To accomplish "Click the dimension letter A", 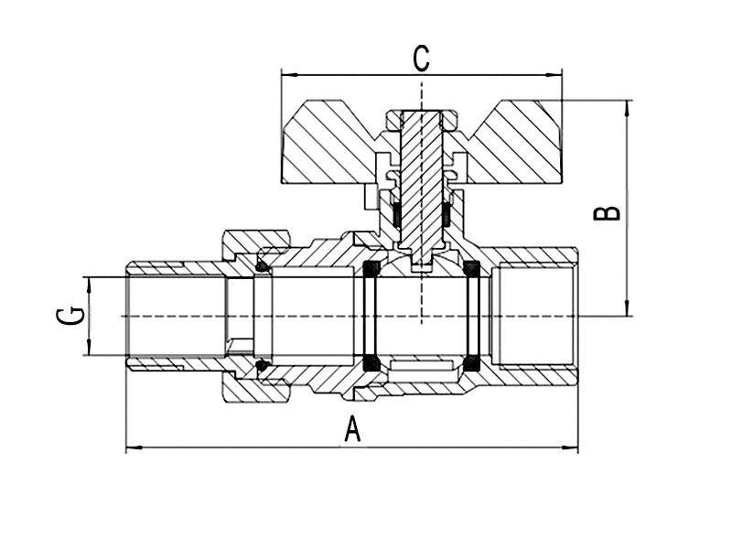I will [352, 428].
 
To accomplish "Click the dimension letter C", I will [420, 59].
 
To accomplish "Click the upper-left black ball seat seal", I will [371, 270].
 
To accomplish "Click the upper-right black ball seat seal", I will [472, 270].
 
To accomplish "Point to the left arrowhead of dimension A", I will [131, 448].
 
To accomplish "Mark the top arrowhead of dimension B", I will [628, 105].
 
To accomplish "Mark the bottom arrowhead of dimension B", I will [628, 310].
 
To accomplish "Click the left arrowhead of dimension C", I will [285, 73].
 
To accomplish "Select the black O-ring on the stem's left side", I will [397, 214].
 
